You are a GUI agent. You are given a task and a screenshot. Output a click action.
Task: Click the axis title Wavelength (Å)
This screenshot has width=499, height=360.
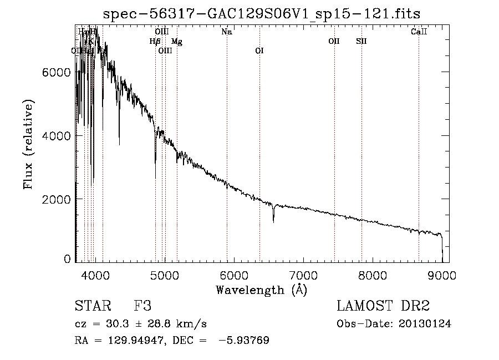pyautogui.click(x=261, y=289)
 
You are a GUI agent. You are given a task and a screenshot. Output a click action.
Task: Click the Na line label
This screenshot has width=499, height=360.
pyautogui.click(x=226, y=32)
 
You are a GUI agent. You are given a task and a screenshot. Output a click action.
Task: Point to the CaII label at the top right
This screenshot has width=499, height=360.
pyautogui.click(x=419, y=32)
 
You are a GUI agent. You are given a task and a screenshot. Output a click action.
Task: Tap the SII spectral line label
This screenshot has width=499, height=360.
pyautogui.click(x=361, y=41)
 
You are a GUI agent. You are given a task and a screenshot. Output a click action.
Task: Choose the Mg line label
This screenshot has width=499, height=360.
pyautogui.click(x=176, y=41)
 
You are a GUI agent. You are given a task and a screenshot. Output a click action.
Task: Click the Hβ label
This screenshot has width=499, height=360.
pyautogui.click(x=155, y=41)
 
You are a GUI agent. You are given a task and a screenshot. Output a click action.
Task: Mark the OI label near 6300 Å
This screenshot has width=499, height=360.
pyautogui.click(x=259, y=51)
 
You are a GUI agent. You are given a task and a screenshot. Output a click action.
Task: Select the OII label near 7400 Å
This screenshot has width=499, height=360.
pyautogui.click(x=334, y=41)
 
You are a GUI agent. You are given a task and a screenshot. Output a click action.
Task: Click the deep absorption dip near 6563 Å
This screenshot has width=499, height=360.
pyautogui.click(x=273, y=220)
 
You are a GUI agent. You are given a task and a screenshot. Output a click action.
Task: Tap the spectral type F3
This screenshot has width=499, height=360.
pyautogui.click(x=143, y=306)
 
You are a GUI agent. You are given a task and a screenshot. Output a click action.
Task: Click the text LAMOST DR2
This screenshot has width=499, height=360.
pyautogui.click(x=383, y=306)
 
